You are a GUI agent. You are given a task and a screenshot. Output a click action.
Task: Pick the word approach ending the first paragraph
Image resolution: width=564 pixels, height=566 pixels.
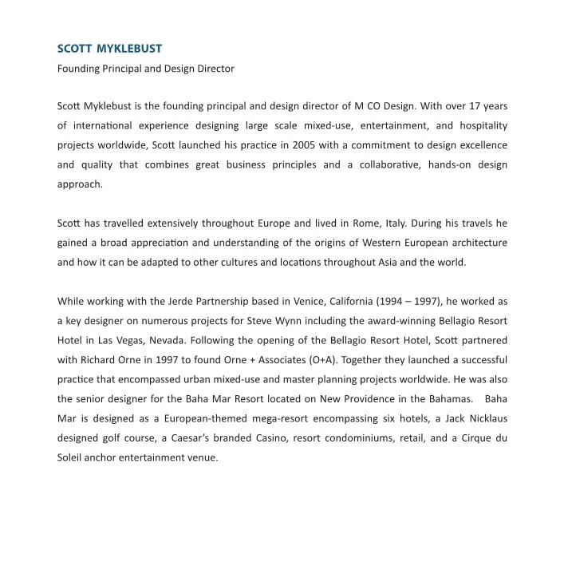[80, 184]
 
